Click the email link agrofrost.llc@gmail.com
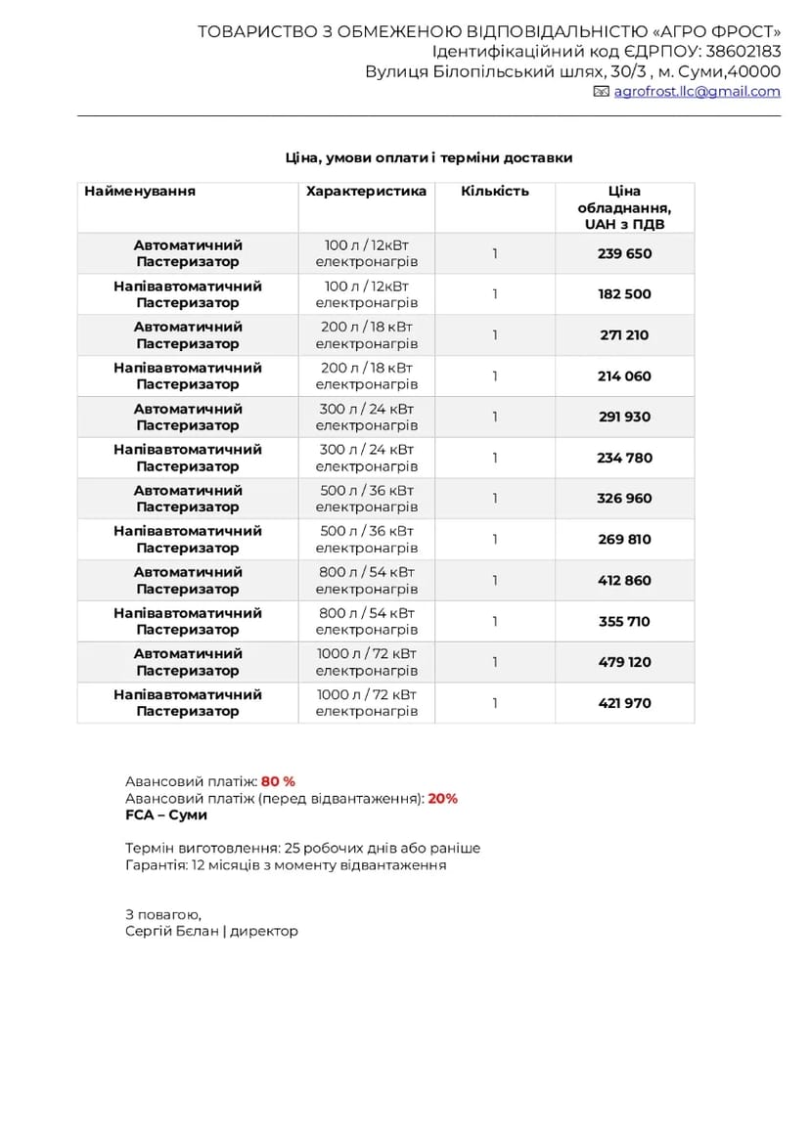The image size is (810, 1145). (x=697, y=92)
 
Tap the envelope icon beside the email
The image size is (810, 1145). (x=602, y=92)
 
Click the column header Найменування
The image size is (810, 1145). (x=140, y=192)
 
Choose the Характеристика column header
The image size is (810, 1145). (x=366, y=192)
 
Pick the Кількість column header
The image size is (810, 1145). (x=495, y=192)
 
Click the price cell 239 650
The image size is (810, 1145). (x=624, y=254)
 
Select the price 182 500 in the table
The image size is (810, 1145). (x=624, y=294)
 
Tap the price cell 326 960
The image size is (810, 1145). (x=624, y=499)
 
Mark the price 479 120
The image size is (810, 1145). (x=624, y=662)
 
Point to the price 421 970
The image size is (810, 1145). (x=624, y=703)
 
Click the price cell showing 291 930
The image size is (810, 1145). (x=624, y=418)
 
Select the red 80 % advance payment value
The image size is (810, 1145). (x=278, y=782)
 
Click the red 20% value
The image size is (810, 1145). (x=442, y=799)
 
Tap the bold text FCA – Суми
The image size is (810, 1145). (x=166, y=815)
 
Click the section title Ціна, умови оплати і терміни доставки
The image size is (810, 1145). (x=428, y=158)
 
